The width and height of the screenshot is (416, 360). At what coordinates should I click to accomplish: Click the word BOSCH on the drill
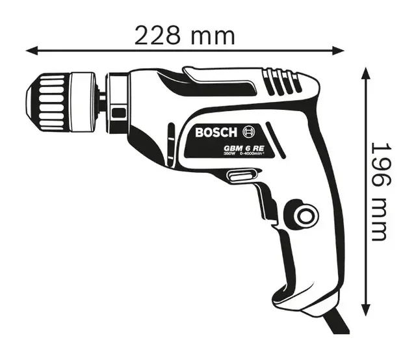point(216,133)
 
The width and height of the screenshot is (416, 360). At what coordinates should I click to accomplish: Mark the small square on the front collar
point(117,112)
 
